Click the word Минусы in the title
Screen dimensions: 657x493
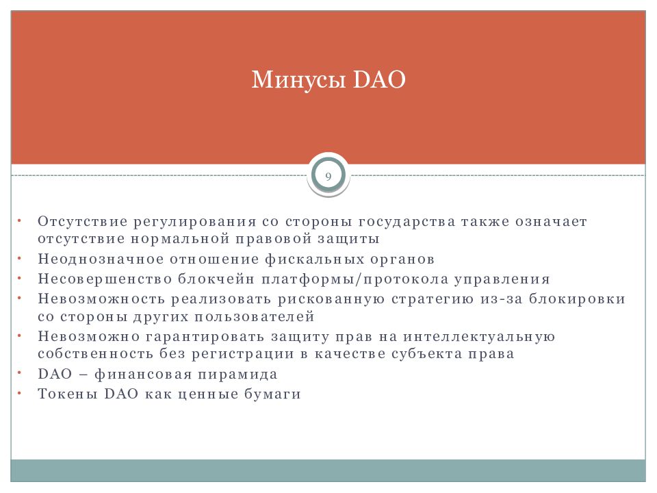pyautogui.click(x=298, y=79)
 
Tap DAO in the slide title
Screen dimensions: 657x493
pyautogui.click(x=379, y=79)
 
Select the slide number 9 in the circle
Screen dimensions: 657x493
pyautogui.click(x=328, y=176)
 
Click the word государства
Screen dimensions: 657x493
pyautogui.click(x=407, y=221)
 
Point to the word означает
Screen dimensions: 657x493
pyautogui.click(x=551, y=220)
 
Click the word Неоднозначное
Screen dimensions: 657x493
pyautogui.click(x=101, y=259)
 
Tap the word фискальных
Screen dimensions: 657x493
pyautogui.click(x=314, y=259)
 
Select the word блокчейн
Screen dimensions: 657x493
pyautogui.click(x=216, y=279)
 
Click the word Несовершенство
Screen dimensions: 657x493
pyautogui.click(x=105, y=279)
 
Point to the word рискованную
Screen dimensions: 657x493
pyautogui.click(x=331, y=299)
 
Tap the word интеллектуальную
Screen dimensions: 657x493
pyautogui.click(x=479, y=337)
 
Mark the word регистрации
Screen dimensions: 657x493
pyautogui.click(x=243, y=354)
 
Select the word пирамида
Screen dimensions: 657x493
pyautogui.click(x=237, y=375)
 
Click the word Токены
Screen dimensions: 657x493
pyautogui.click(x=68, y=394)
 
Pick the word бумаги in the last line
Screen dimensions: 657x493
pyautogui.click(x=273, y=394)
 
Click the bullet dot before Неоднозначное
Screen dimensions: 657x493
pyautogui.click(x=19, y=259)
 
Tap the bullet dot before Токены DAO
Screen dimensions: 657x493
pyautogui.click(x=19, y=394)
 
